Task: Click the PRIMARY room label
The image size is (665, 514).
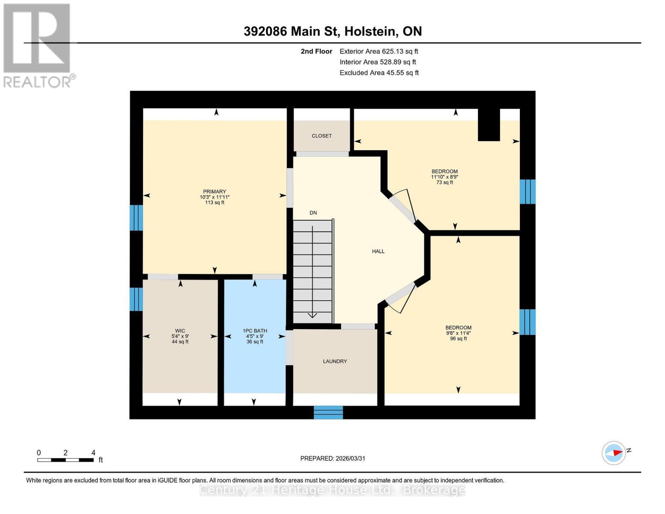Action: tap(215, 191)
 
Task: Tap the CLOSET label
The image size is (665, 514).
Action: tap(322, 136)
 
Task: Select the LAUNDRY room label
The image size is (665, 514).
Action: tap(335, 362)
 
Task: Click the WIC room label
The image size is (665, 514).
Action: tap(180, 331)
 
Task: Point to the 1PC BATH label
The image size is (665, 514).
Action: tap(255, 331)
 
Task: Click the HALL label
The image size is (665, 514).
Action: tap(378, 251)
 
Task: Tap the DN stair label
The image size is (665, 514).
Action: tap(313, 213)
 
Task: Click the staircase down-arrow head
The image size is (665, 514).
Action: tap(312, 316)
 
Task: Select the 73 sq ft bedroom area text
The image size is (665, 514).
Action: tap(444, 182)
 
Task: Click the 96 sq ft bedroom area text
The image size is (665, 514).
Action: tap(458, 339)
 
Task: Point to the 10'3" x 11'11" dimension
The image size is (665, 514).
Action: tap(215, 197)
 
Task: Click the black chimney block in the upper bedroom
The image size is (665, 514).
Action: tap(489, 125)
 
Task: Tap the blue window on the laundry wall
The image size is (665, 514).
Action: tap(328, 412)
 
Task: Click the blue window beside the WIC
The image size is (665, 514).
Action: tap(136, 299)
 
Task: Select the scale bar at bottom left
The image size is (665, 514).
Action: tap(66, 460)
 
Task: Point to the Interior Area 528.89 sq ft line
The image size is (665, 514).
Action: tap(378, 62)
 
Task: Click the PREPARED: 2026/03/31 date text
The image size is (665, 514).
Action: tap(333, 458)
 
